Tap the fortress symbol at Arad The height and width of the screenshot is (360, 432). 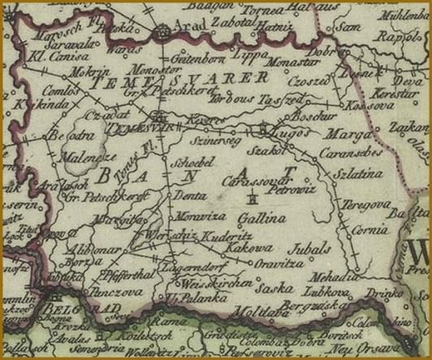[163, 33]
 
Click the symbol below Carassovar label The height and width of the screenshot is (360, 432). [254, 198]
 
